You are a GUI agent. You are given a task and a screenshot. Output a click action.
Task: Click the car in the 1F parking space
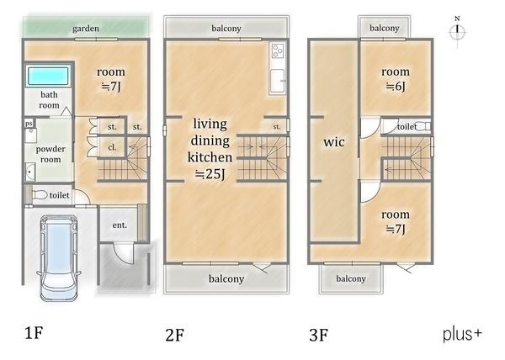pos(58,258)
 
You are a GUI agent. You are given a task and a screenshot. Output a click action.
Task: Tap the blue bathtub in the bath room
pos(48,76)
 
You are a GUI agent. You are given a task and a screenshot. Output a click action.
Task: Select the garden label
pos(86,29)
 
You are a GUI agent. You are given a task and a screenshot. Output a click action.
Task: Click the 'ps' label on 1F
pos(29,124)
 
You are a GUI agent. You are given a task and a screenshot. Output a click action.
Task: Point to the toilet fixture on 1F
pos(40,194)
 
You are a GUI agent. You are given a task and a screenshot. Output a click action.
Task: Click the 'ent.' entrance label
pos(120,225)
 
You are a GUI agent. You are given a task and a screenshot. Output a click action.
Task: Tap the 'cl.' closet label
pos(112,147)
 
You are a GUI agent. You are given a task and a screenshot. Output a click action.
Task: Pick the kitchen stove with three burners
pos(277,50)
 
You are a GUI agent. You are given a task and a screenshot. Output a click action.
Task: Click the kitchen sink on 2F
pos(277,81)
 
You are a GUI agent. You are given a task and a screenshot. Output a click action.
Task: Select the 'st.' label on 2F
pos(277,127)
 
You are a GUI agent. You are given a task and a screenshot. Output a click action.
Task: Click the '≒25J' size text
pos(210,174)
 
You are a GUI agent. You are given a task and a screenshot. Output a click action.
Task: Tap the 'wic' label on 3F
pos(334,142)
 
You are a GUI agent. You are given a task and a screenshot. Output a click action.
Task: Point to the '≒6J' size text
pos(396,87)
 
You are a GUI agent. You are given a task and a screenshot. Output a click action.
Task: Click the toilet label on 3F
pos(407,127)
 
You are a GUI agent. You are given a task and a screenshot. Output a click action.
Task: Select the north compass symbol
pos(457,31)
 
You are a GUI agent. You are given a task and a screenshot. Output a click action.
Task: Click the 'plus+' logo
pos(462,335)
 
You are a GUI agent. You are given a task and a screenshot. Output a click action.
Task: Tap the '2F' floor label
pos(175,335)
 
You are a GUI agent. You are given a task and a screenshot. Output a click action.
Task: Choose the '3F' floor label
pos(318,335)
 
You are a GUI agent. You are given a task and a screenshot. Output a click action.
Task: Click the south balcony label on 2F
pos(226,278)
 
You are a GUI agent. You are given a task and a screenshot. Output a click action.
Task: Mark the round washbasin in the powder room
pos(30,172)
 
